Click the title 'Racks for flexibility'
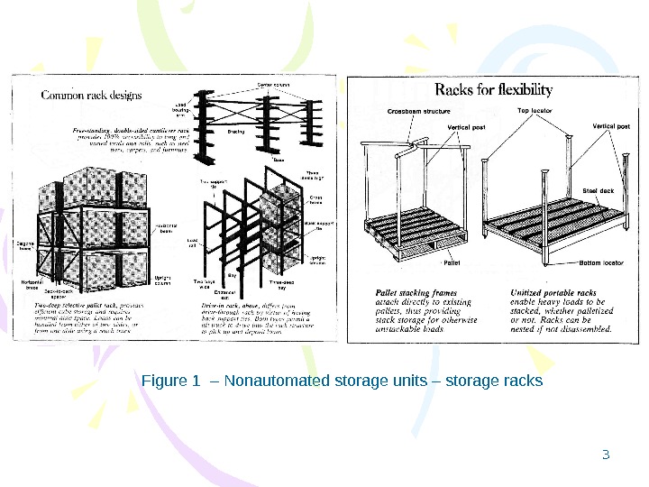(494, 89)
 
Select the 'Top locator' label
(535, 111)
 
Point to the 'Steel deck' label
(597, 190)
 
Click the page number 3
(607, 453)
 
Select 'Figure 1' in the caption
(171, 381)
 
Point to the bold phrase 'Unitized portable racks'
(553, 293)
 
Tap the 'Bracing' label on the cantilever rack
(236, 132)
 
